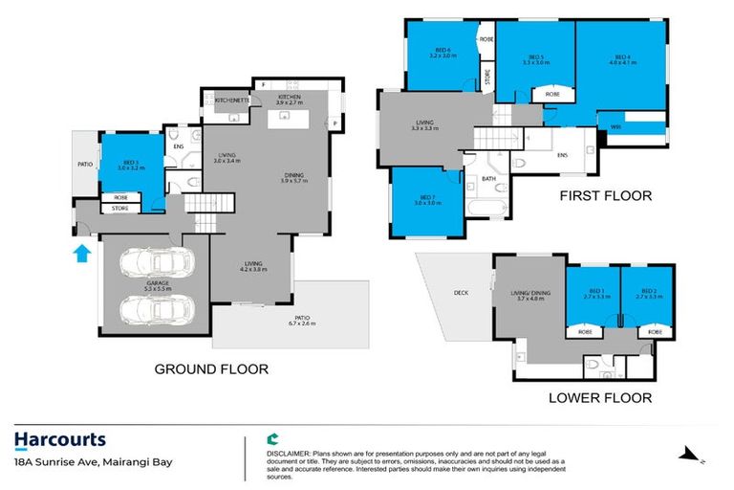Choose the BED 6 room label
point(441,54)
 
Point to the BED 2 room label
point(649,293)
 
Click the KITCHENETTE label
point(231,100)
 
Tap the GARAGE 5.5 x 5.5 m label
point(154,285)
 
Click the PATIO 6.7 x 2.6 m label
point(302,321)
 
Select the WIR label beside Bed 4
point(604,127)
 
